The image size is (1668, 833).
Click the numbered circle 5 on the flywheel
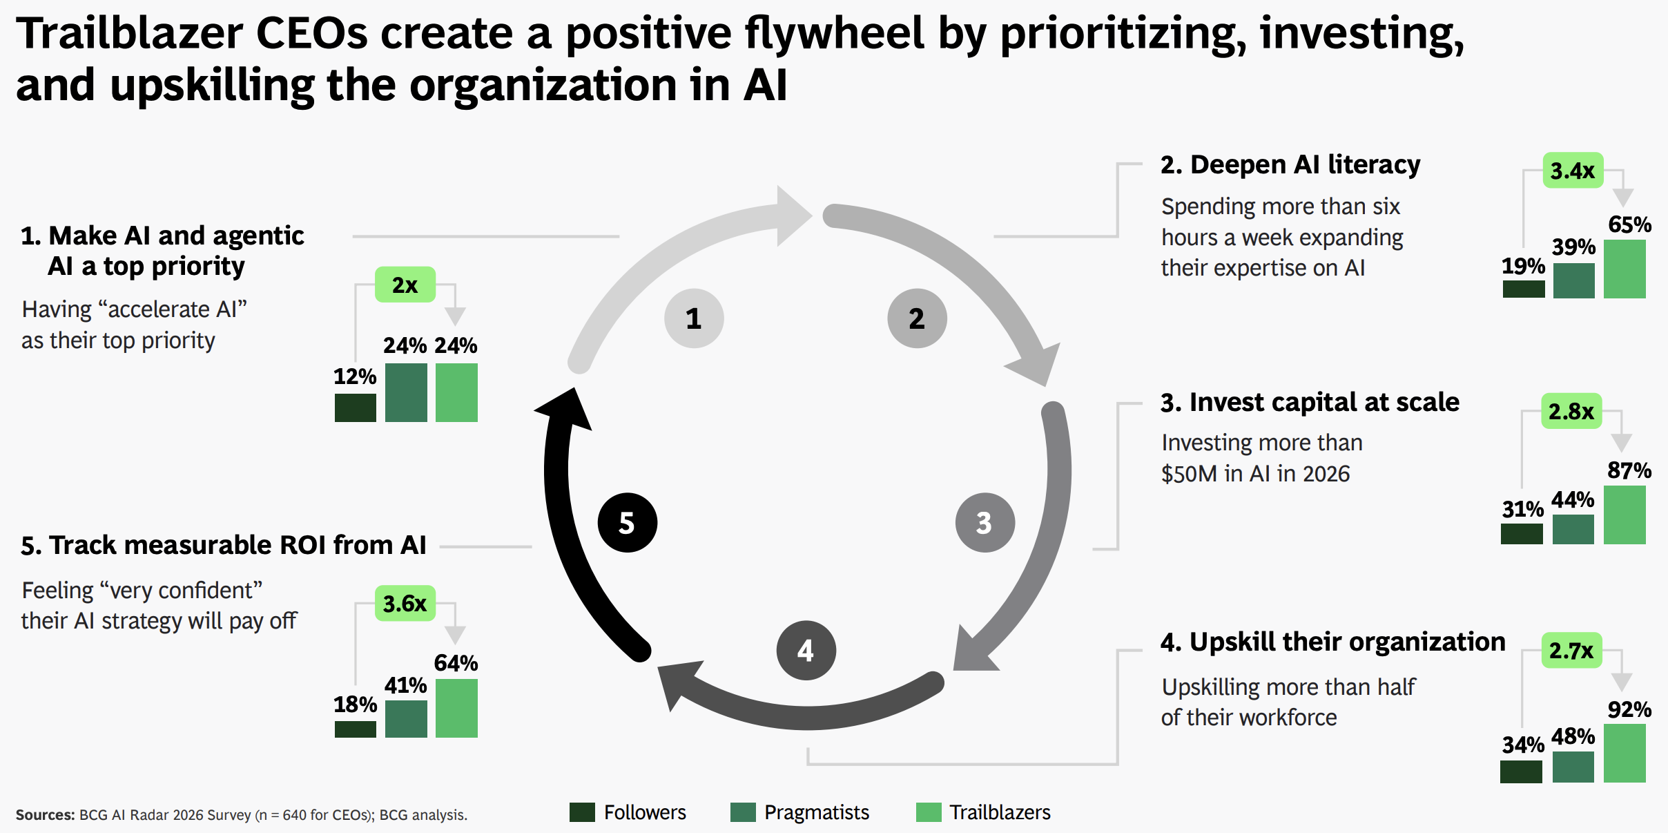[x=627, y=522]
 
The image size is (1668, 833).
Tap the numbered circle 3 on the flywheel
[x=985, y=522]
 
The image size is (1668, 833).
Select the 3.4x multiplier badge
[x=1573, y=171]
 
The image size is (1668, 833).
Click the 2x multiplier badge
[x=405, y=285]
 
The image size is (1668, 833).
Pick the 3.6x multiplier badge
[x=405, y=604]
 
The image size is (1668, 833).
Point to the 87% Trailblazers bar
[x=1625, y=515]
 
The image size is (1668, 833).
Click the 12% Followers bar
[x=355, y=408]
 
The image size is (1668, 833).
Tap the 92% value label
[x=1629, y=709]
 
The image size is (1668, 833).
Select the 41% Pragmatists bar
[x=406, y=718]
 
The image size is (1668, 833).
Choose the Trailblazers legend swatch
[x=928, y=812]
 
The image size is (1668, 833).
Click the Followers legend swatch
[x=582, y=812]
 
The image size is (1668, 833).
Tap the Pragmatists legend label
[x=816, y=812]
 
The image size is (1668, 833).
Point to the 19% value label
[x=1522, y=266]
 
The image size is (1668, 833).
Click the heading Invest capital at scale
[x=1310, y=402]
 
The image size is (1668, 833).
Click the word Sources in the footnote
[x=44, y=815]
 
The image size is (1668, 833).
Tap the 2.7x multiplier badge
[x=1571, y=651]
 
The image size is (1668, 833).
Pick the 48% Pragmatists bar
[x=1573, y=767]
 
